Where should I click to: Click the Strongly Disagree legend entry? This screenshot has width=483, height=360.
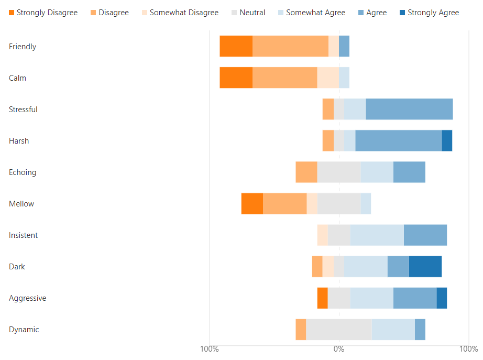(x=43, y=13)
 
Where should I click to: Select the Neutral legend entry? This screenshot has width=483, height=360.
(x=248, y=13)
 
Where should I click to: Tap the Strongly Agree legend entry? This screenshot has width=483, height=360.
(x=428, y=13)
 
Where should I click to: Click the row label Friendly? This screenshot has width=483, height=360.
(x=23, y=47)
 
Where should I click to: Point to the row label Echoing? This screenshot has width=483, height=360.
(x=23, y=172)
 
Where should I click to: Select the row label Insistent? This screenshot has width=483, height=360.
(x=23, y=235)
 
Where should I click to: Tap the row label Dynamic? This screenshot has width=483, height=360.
(x=24, y=330)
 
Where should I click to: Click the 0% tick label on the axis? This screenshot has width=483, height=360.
(x=339, y=349)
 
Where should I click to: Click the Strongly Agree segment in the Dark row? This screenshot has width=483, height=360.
(x=425, y=266)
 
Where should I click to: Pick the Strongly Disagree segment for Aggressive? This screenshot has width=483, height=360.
(x=322, y=298)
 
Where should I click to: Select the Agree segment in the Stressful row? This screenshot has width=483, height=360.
(x=409, y=109)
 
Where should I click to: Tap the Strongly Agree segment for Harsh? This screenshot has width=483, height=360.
(x=447, y=140)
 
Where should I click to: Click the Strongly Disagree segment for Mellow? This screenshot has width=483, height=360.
(x=252, y=203)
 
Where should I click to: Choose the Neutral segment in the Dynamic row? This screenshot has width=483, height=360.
(x=339, y=329)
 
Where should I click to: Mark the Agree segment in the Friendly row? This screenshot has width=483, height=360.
(x=344, y=46)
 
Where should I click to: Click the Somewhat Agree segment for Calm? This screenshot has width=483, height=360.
(x=344, y=78)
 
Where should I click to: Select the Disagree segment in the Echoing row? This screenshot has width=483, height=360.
(x=306, y=172)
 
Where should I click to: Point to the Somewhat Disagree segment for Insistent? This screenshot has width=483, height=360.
(x=323, y=235)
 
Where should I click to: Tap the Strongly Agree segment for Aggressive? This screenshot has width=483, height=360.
(x=442, y=298)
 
